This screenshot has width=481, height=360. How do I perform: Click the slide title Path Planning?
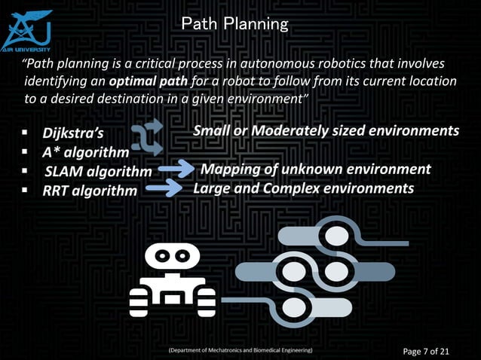(234, 24)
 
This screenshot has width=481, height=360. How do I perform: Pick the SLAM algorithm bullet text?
(98, 172)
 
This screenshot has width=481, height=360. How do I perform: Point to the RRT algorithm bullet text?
(90, 191)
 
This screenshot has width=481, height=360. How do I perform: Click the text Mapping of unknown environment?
(315, 169)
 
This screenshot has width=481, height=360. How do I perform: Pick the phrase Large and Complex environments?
(303, 188)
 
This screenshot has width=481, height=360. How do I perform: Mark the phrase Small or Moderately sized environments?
(326, 131)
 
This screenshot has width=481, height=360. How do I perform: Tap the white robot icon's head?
(172, 258)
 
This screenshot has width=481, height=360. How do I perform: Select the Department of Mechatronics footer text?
(240, 351)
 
